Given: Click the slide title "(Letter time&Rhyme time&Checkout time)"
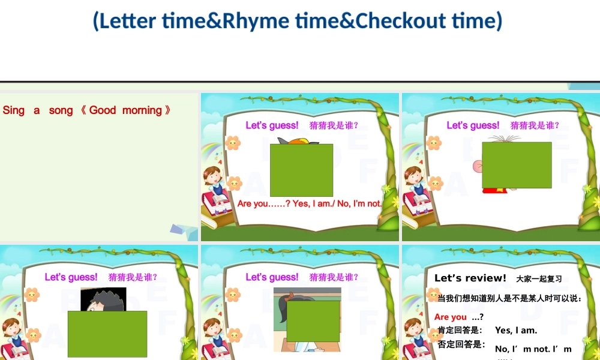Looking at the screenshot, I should pyautogui.click(x=297, y=21).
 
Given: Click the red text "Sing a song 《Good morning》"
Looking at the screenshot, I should pyautogui.click(x=87, y=110).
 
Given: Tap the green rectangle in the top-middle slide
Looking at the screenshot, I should pyautogui.click(x=301, y=170).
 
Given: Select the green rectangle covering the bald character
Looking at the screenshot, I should pyautogui.click(x=517, y=165).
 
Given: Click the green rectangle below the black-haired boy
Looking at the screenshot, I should pyautogui.click(x=107, y=334).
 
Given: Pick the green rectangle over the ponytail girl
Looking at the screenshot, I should pyautogui.click(x=313, y=321).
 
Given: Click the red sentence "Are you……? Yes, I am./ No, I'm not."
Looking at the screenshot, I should pyautogui.click(x=310, y=203).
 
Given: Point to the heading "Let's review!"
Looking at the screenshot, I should pyautogui.click(x=470, y=278).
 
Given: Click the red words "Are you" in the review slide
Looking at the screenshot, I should pyautogui.click(x=451, y=317).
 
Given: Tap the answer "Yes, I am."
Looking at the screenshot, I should pyautogui.click(x=516, y=330).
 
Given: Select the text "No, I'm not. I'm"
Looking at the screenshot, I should pyautogui.click(x=533, y=349).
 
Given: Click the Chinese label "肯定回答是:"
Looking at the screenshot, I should pyautogui.click(x=460, y=330).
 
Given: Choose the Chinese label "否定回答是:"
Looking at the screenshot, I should pyautogui.click(x=460, y=344).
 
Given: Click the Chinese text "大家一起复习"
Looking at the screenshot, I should pyautogui.click(x=539, y=279).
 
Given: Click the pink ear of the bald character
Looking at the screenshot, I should pyautogui.click(x=478, y=166).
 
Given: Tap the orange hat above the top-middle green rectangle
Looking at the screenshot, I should pyautogui.click(x=298, y=141).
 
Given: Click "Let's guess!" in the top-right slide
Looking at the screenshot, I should pyautogui.click(x=473, y=125).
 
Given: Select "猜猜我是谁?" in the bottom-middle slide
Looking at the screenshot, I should pyautogui.click(x=334, y=277).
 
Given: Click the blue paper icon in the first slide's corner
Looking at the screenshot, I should pyautogui.click(x=183, y=229).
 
